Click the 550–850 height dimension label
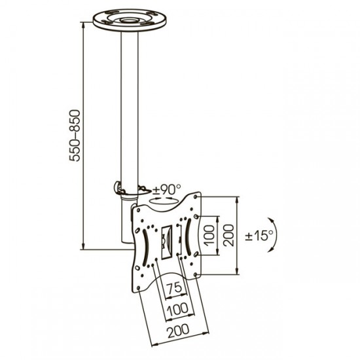[x=75, y=135]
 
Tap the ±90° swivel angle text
[x=167, y=189]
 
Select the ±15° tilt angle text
[x=259, y=235]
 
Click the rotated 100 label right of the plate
[x=209, y=236]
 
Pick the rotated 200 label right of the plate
[x=228, y=236]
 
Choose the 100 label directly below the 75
[x=177, y=309]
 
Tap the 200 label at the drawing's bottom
[x=178, y=331]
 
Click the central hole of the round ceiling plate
[x=129, y=20]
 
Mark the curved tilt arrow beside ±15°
[x=275, y=235]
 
